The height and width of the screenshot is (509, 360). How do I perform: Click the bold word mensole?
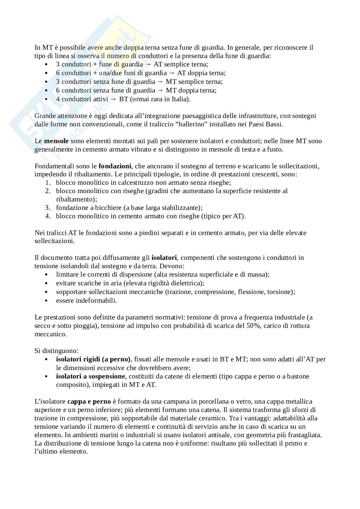pos(56,141)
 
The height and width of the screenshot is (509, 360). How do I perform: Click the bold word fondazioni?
pos(115,166)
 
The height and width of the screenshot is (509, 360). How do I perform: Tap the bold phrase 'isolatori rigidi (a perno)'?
pos(93,359)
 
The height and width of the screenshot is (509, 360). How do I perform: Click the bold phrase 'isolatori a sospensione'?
pos(90,376)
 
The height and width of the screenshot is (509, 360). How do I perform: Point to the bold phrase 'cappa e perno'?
pos(89,401)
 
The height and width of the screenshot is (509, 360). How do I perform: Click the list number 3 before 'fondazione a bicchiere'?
pos(47,208)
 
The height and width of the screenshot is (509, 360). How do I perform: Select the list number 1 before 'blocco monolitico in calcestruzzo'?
pos(47,182)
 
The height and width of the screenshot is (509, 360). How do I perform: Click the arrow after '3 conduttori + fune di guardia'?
pos(148,64)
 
